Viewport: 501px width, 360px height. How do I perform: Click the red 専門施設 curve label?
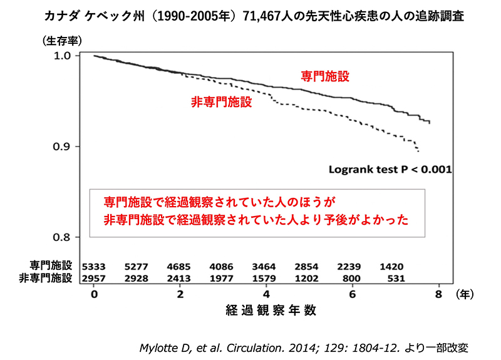325,76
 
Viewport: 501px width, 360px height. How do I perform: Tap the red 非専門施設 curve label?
222,102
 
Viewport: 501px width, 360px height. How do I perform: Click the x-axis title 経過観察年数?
266,309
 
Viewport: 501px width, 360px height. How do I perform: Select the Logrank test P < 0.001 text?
391,169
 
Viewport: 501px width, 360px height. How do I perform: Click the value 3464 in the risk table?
266,266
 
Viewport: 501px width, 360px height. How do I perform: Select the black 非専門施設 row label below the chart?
49,277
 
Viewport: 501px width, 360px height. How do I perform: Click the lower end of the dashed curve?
418,151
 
